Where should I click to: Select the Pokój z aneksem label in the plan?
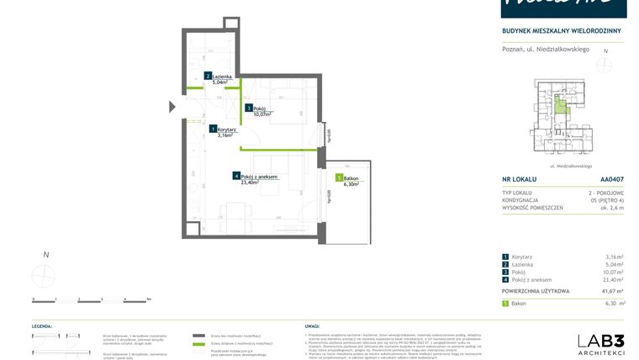click(259, 177)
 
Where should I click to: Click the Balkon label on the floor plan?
click(351, 178)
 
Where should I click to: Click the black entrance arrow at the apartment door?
click(172, 106)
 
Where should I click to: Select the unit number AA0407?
click(612, 179)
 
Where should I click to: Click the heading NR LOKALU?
click(519, 179)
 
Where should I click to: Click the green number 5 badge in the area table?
click(504, 303)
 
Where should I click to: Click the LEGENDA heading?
click(43, 325)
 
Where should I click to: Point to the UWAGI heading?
click(311, 325)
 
